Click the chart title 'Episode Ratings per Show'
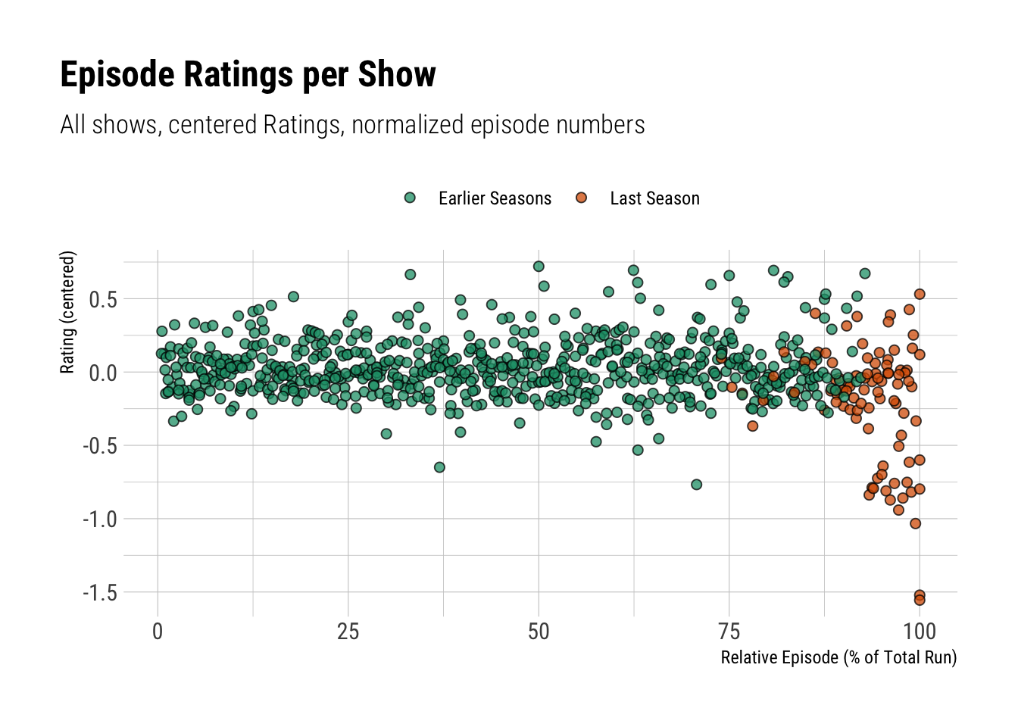pyautogui.click(x=248, y=75)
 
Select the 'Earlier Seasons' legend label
pyautogui.click(x=495, y=198)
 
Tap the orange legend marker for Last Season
pyautogui.click(x=581, y=198)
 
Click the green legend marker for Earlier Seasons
pyautogui.click(x=410, y=198)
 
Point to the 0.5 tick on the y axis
pyautogui.click(x=103, y=300)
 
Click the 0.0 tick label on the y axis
pyautogui.click(x=103, y=373)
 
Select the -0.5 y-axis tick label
pyautogui.click(x=100, y=446)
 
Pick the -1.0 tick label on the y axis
pyautogui.click(x=100, y=520)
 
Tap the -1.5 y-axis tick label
pyautogui.click(x=100, y=593)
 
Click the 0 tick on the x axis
pyautogui.click(x=158, y=632)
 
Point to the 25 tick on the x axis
pyautogui.click(x=348, y=632)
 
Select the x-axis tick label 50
pyautogui.click(x=539, y=632)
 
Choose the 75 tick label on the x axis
pyautogui.click(x=729, y=632)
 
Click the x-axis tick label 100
pyautogui.click(x=920, y=632)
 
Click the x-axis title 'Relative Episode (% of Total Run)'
pyautogui.click(x=838, y=657)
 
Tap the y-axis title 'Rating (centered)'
pyautogui.click(x=68, y=312)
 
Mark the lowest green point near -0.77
pyautogui.click(x=696, y=485)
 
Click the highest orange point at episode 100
pyautogui.click(x=920, y=295)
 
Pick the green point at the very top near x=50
pyautogui.click(x=539, y=267)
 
